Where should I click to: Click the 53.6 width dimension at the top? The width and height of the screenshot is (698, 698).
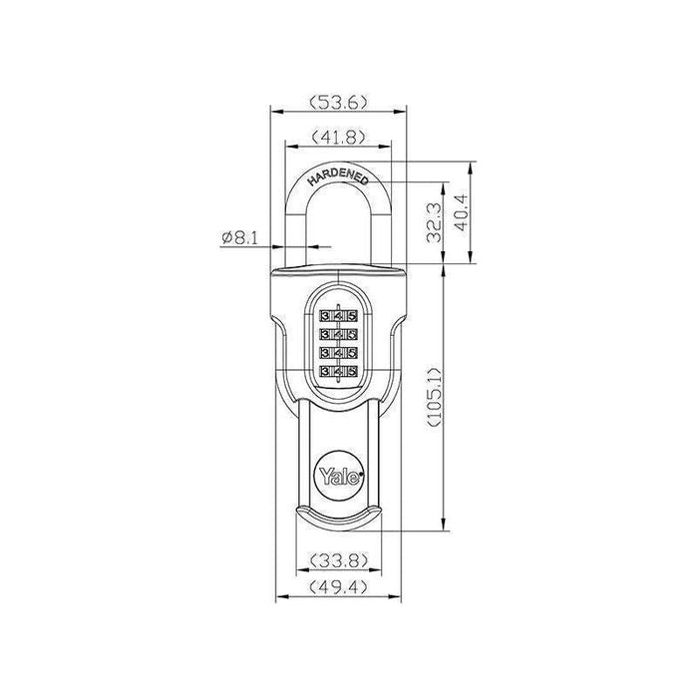click(340, 100)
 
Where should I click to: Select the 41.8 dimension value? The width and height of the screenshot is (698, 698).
click(339, 137)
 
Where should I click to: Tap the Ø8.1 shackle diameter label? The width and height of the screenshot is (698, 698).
click(239, 237)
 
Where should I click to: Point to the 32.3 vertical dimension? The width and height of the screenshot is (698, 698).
click(432, 225)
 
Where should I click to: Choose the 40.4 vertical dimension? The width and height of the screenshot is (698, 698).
click(463, 212)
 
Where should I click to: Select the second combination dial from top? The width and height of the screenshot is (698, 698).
click(339, 335)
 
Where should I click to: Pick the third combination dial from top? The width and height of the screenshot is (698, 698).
click(339, 353)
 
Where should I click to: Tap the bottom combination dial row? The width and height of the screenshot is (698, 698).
click(339, 371)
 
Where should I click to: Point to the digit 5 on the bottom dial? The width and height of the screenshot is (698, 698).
click(352, 371)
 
